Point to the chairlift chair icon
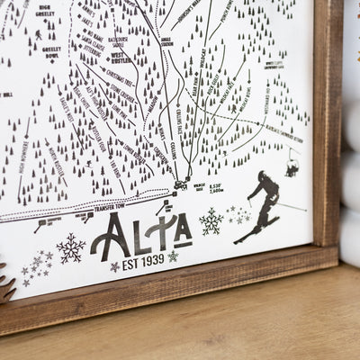pos(292,166)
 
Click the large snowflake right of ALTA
pos(211,220)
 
